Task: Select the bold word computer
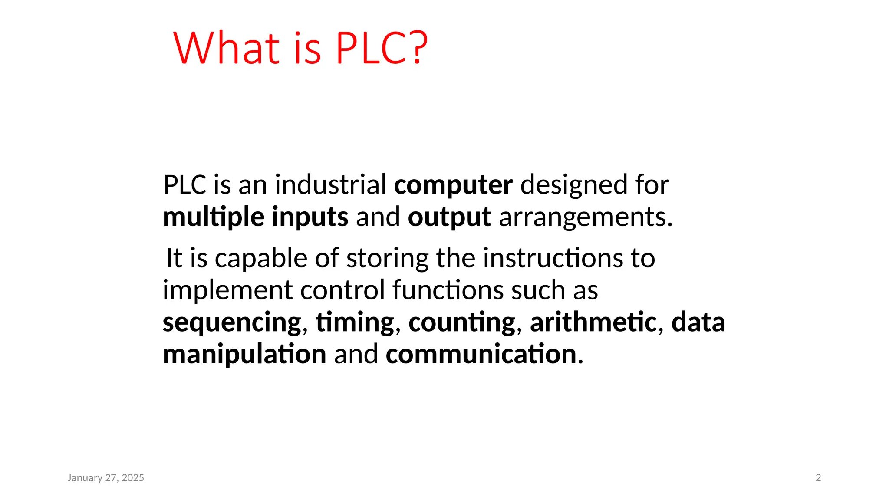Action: [453, 185]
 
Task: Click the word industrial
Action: [330, 184]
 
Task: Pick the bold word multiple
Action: [213, 217]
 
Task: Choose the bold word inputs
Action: [310, 217]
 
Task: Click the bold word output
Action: [449, 217]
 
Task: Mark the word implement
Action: [227, 290]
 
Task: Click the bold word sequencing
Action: [232, 322]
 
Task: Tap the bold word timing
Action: [355, 322]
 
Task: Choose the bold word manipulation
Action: [244, 354]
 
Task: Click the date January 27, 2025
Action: [106, 478]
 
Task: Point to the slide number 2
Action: [818, 478]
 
